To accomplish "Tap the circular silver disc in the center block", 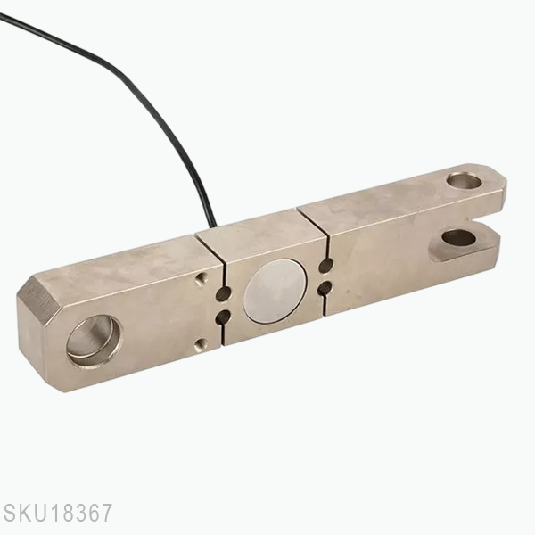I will click(275, 291).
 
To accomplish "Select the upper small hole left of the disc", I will click(223, 294).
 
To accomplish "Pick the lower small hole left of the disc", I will click(223, 316).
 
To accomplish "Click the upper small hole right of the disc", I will click(326, 266).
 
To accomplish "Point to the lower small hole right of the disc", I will click(325, 287).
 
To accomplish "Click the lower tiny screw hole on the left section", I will click(202, 343).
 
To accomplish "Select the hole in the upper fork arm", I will click(464, 182).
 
